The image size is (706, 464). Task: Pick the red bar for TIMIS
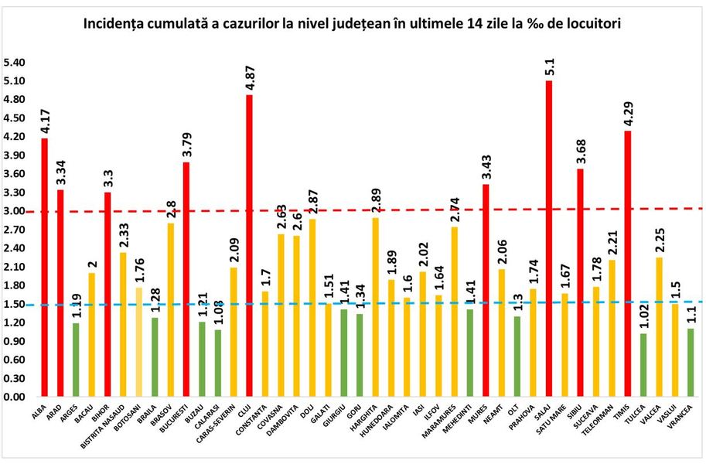click(x=627, y=264)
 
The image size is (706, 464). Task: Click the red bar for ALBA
click(x=45, y=267)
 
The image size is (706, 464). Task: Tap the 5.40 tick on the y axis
click(x=15, y=63)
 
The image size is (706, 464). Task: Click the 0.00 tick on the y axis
click(x=15, y=397)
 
